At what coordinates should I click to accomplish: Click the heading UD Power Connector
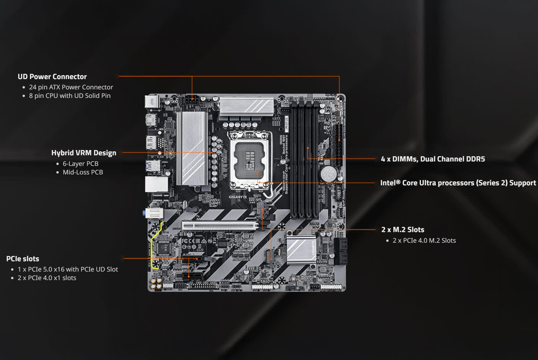[x=52, y=77]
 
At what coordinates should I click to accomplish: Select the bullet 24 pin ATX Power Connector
[x=71, y=87]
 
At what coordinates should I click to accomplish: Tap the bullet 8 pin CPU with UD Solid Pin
[x=70, y=96]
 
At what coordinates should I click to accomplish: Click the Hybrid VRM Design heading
[x=83, y=153]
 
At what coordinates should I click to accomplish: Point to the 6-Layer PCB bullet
[x=80, y=164]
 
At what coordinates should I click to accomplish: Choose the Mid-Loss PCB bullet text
[x=83, y=172]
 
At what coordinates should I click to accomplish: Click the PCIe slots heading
[x=23, y=259]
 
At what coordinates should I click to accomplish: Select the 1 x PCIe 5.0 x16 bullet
[x=68, y=269]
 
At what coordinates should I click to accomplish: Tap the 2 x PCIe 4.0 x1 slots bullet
[x=47, y=278]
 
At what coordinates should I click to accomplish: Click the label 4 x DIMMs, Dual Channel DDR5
[x=432, y=159]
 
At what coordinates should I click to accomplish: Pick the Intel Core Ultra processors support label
[x=458, y=183]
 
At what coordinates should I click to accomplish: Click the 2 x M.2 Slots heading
[x=403, y=230]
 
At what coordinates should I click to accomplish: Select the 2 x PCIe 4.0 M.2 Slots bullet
[x=424, y=241]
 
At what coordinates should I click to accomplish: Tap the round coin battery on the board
[x=328, y=173]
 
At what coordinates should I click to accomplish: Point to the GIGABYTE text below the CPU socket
[x=238, y=197]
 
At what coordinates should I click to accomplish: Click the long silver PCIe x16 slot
[x=220, y=226]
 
